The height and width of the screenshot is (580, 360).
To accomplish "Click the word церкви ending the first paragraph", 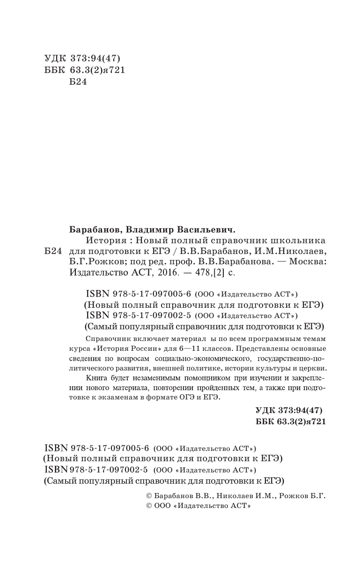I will click(x=313, y=369).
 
